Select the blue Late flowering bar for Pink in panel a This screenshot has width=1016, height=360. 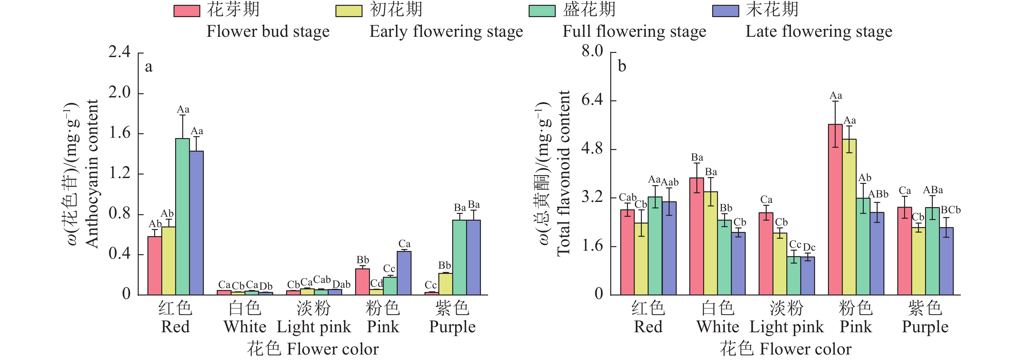[404, 273]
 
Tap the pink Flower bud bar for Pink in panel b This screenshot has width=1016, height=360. [835, 209]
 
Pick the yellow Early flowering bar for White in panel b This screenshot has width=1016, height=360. [710, 243]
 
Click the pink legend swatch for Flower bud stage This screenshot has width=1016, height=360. [186, 11]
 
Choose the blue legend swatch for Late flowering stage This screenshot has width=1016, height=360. [725, 11]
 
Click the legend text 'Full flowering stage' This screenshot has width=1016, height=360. [634, 32]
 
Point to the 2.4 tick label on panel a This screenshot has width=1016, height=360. [119, 52]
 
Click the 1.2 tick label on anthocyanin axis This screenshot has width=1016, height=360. [119, 173]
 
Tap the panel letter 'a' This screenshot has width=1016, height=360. [148, 67]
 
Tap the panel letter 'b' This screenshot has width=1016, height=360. [622, 66]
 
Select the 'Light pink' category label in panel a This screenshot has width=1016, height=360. [314, 327]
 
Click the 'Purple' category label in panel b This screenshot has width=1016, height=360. [925, 327]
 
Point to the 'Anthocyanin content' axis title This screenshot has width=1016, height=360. [92, 174]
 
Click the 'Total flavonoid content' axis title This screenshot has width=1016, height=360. [563, 174]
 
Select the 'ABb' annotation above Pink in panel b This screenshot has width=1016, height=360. [878, 194]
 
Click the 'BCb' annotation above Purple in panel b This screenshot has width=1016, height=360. [951, 210]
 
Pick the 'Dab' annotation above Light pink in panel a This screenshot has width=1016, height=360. [341, 284]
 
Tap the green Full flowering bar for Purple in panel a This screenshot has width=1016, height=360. [459, 257]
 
